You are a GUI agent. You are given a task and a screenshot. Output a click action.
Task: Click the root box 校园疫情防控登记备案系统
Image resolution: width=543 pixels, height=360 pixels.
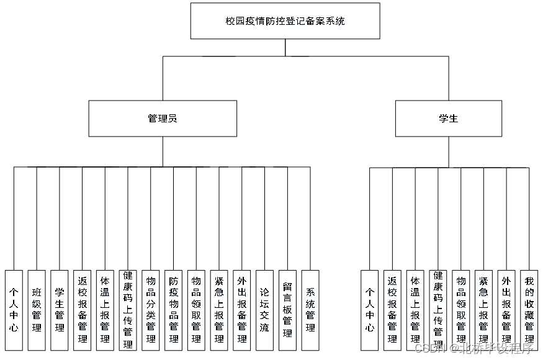(x=285, y=21)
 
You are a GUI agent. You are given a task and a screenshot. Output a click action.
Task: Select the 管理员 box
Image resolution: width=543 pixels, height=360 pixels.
(x=163, y=119)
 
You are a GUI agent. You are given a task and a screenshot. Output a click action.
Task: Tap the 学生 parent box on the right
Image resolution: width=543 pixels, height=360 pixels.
(x=448, y=119)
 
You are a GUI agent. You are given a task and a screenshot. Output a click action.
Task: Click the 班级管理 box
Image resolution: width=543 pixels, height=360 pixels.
(x=37, y=310)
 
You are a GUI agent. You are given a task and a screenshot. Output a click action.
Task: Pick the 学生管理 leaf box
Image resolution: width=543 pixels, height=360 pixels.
(x=60, y=310)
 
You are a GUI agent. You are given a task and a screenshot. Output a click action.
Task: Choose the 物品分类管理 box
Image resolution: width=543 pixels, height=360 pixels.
(x=151, y=310)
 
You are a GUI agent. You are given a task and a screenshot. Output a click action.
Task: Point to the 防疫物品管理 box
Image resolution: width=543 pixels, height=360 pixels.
(x=174, y=310)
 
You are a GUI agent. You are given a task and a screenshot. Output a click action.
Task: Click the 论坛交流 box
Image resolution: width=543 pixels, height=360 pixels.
(x=264, y=310)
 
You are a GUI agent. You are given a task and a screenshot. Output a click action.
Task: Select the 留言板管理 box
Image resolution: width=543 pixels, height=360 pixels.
(x=287, y=310)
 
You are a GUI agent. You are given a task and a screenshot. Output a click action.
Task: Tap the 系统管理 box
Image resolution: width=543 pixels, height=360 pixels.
(x=310, y=310)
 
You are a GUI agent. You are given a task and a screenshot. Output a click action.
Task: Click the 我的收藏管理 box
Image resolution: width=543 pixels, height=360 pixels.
(x=529, y=310)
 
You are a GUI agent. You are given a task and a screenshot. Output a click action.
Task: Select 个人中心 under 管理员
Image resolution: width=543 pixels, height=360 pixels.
(x=14, y=310)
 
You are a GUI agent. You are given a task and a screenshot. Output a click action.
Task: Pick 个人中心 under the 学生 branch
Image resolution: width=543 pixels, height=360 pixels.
(x=369, y=310)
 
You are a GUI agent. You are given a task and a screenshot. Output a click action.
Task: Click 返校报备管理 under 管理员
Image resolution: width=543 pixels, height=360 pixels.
(x=83, y=310)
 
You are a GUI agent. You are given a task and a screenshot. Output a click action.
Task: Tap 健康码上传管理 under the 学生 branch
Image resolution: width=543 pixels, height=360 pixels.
(x=438, y=310)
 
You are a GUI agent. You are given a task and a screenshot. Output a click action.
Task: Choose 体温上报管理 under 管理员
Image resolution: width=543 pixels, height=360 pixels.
(x=105, y=310)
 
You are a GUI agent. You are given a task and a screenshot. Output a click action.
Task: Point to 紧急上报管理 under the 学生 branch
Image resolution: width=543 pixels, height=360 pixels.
(x=483, y=310)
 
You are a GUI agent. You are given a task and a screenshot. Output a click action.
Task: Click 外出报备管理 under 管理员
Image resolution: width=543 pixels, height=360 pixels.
(x=242, y=310)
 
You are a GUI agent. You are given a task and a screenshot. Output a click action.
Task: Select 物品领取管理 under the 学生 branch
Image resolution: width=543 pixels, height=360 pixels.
(x=460, y=310)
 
